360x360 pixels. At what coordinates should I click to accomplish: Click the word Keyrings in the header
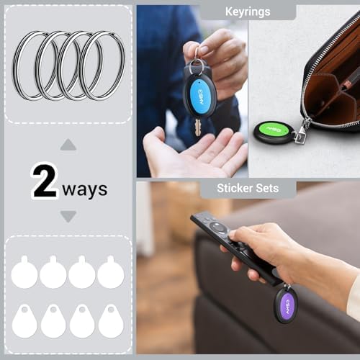pyautogui.click(x=248, y=12)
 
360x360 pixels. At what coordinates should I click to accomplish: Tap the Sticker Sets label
pyautogui.click(x=248, y=188)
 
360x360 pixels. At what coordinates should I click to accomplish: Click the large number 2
pyautogui.click(x=45, y=181)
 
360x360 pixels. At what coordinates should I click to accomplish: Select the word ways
pyautogui.click(x=85, y=190)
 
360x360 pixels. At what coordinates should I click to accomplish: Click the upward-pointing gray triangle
pyautogui.click(x=68, y=145)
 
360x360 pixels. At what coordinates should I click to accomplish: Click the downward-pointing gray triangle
pyautogui.click(x=68, y=217)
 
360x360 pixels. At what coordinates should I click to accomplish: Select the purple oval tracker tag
pyautogui.click(x=287, y=305)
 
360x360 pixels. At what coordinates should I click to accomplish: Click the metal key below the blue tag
pyautogui.click(x=198, y=127)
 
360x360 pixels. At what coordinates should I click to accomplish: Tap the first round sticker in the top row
pyautogui.click(x=24, y=272)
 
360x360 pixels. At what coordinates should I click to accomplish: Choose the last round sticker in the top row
pyautogui.click(x=111, y=272)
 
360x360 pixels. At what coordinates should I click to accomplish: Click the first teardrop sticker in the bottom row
pyautogui.click(x=24, y=321)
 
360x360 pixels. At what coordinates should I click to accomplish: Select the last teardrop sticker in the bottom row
pyautogui.click(x=111, y=321)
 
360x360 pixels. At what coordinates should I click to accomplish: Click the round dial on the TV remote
pyautogui.click(x=217, y=227)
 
